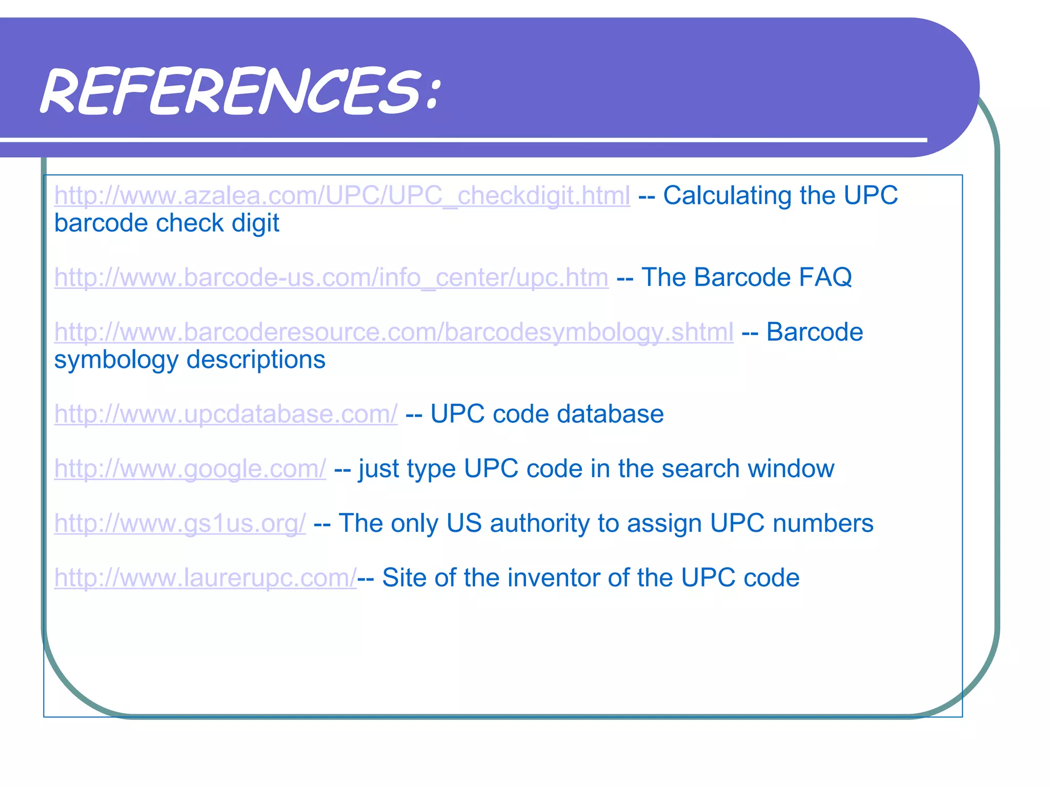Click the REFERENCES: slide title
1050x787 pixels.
(x=240, y=91)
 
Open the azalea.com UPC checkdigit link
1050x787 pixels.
(x=342, y=196)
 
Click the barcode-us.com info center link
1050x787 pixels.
(x=331, y=278)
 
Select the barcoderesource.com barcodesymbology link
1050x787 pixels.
(x=394, y=332)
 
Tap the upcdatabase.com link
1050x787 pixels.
(x=226, y=414)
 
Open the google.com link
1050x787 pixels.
(x=190, y=469)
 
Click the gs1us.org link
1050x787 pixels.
(x=180, y=524)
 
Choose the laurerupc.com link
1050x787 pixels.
(x=205, y=578)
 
